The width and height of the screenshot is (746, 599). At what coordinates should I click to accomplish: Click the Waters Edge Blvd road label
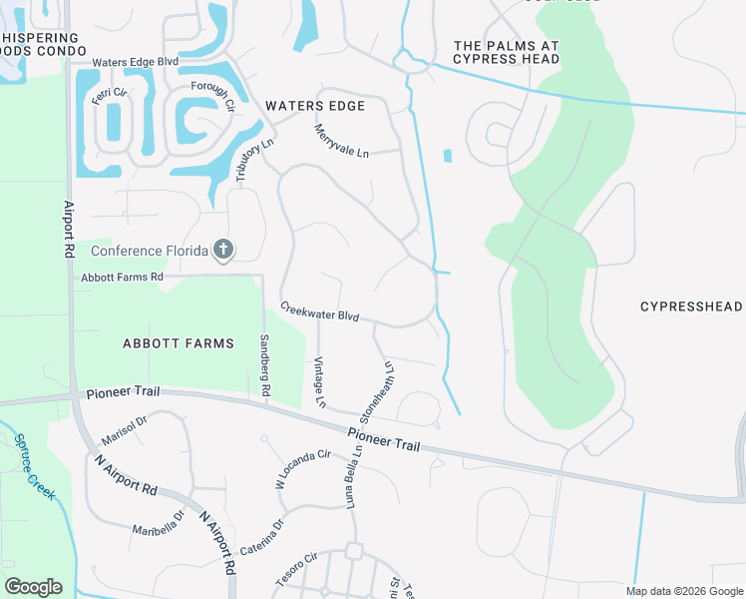point(135,62)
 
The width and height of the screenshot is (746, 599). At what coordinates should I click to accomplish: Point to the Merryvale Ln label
point(341,140)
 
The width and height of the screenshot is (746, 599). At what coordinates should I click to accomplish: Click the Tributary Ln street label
point(253,160)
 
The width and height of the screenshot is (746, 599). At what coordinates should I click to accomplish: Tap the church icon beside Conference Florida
point(224,250)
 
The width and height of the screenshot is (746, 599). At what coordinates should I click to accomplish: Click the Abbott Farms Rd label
point(122,277)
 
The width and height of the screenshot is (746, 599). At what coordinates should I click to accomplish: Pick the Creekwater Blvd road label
point(319,311)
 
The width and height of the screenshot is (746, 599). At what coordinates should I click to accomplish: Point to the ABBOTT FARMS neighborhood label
point(178,343)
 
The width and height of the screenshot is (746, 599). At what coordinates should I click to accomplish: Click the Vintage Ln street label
point(319,382)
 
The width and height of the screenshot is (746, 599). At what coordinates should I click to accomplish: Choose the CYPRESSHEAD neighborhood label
point(691,306)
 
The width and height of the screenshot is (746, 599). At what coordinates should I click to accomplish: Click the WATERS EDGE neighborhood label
point(314,106)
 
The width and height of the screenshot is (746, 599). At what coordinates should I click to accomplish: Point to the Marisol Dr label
point(124,432)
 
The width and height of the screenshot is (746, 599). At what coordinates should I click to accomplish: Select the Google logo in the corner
point(33,586)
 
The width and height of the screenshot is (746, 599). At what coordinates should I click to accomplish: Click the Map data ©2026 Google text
point(682,591)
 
